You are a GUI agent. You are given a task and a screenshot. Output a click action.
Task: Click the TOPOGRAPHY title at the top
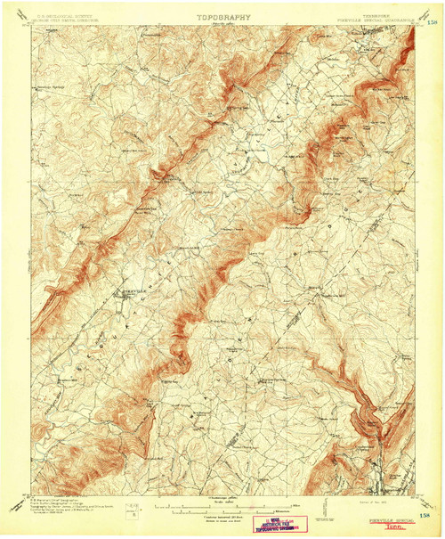[223, 16]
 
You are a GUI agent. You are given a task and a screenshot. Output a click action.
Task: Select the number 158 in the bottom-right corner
[431, 514]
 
